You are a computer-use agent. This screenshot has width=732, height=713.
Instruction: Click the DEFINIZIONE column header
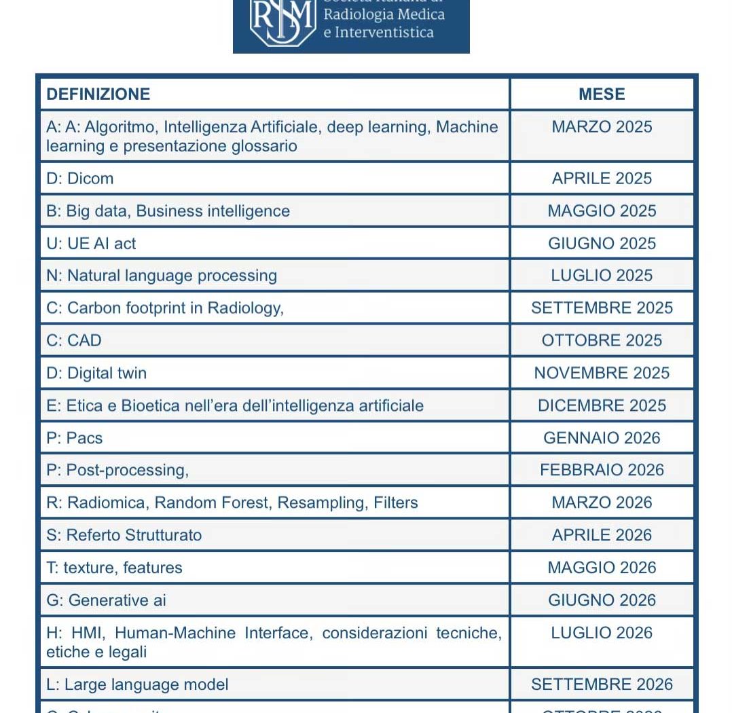click(x=98, y=94)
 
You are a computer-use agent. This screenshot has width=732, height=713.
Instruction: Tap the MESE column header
click(x=602, y=94)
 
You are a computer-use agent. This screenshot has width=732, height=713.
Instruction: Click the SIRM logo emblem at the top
click(x=282, y=22)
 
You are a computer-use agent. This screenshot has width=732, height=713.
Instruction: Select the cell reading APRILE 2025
click(x=602, y=179)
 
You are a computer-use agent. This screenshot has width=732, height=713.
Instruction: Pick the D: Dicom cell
click(x=80, y=179)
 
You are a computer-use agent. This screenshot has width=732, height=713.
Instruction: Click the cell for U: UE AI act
click(x=91, y=244)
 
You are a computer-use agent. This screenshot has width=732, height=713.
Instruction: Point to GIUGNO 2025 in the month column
click(x=602, y=244)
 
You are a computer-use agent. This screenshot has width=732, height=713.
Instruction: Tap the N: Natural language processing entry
click(x=162, y=276)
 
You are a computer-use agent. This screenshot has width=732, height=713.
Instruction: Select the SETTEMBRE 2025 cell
click(x=602, y=308)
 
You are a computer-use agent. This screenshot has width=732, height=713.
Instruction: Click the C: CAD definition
click(x=74, y=340)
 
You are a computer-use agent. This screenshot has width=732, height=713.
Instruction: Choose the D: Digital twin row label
click(x=96, y=373)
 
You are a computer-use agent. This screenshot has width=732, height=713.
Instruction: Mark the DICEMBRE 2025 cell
click(x=602, y=405)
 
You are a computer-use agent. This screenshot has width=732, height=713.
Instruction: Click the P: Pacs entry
click(x=75, y=438)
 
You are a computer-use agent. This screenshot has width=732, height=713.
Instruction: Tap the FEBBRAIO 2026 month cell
click(x=602, y=470)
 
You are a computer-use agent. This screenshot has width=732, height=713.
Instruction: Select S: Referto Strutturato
click(x=124, y=535)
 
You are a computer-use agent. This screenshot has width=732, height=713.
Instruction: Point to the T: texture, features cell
click(x=114, y=568)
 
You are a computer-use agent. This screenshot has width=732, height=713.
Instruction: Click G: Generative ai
click(x=106, y=600)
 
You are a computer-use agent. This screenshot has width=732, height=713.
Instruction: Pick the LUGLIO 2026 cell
click(x=602, y=633)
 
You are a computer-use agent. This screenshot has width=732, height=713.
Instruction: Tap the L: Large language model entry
click(x=137, y=684)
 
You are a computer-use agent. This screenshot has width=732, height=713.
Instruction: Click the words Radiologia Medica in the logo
click(x=384, y=14)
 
